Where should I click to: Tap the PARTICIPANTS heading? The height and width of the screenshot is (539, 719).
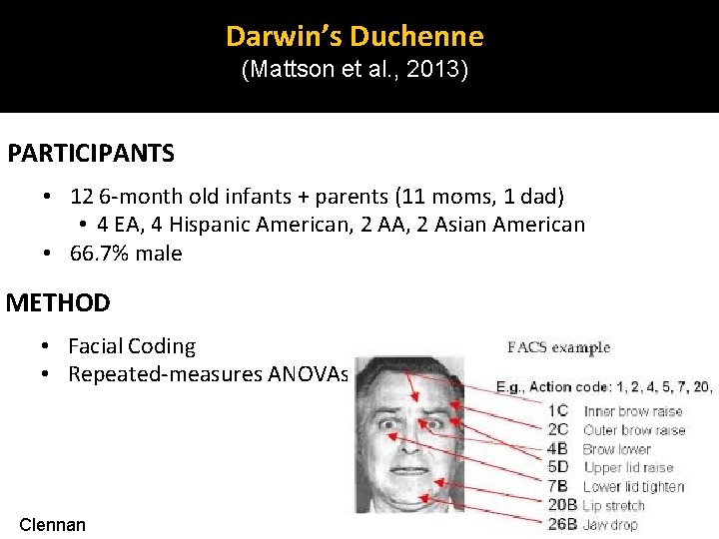coord(91,154)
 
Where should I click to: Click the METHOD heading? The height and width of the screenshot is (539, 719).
coord(58,302)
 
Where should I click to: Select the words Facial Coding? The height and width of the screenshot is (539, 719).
coord(132,346)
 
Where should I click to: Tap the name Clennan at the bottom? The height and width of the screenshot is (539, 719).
coord(53,524)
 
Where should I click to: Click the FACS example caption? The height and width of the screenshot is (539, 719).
coord(558,348)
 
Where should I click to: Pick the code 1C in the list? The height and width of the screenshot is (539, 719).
coord(557,410)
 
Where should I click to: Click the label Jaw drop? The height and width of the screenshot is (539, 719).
coord(610,524)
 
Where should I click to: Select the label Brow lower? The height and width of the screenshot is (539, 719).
coord(617,449)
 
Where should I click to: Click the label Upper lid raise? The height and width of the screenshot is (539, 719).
coord(628,467)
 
